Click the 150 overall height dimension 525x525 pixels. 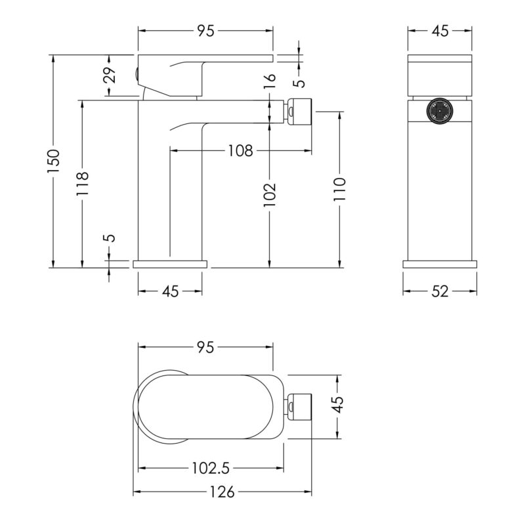tap(53, 161)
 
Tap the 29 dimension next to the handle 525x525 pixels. tap(109, 75)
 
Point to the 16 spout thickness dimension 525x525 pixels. tap(270, 81)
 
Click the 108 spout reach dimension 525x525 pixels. tap(240, 151)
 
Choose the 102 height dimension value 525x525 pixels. tap(269, 194)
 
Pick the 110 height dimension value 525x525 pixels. tap(339, 189)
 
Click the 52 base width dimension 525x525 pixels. tap(440, 291)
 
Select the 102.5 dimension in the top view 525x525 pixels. tap(211, 468)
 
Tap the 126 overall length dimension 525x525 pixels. tap(222, 492)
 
